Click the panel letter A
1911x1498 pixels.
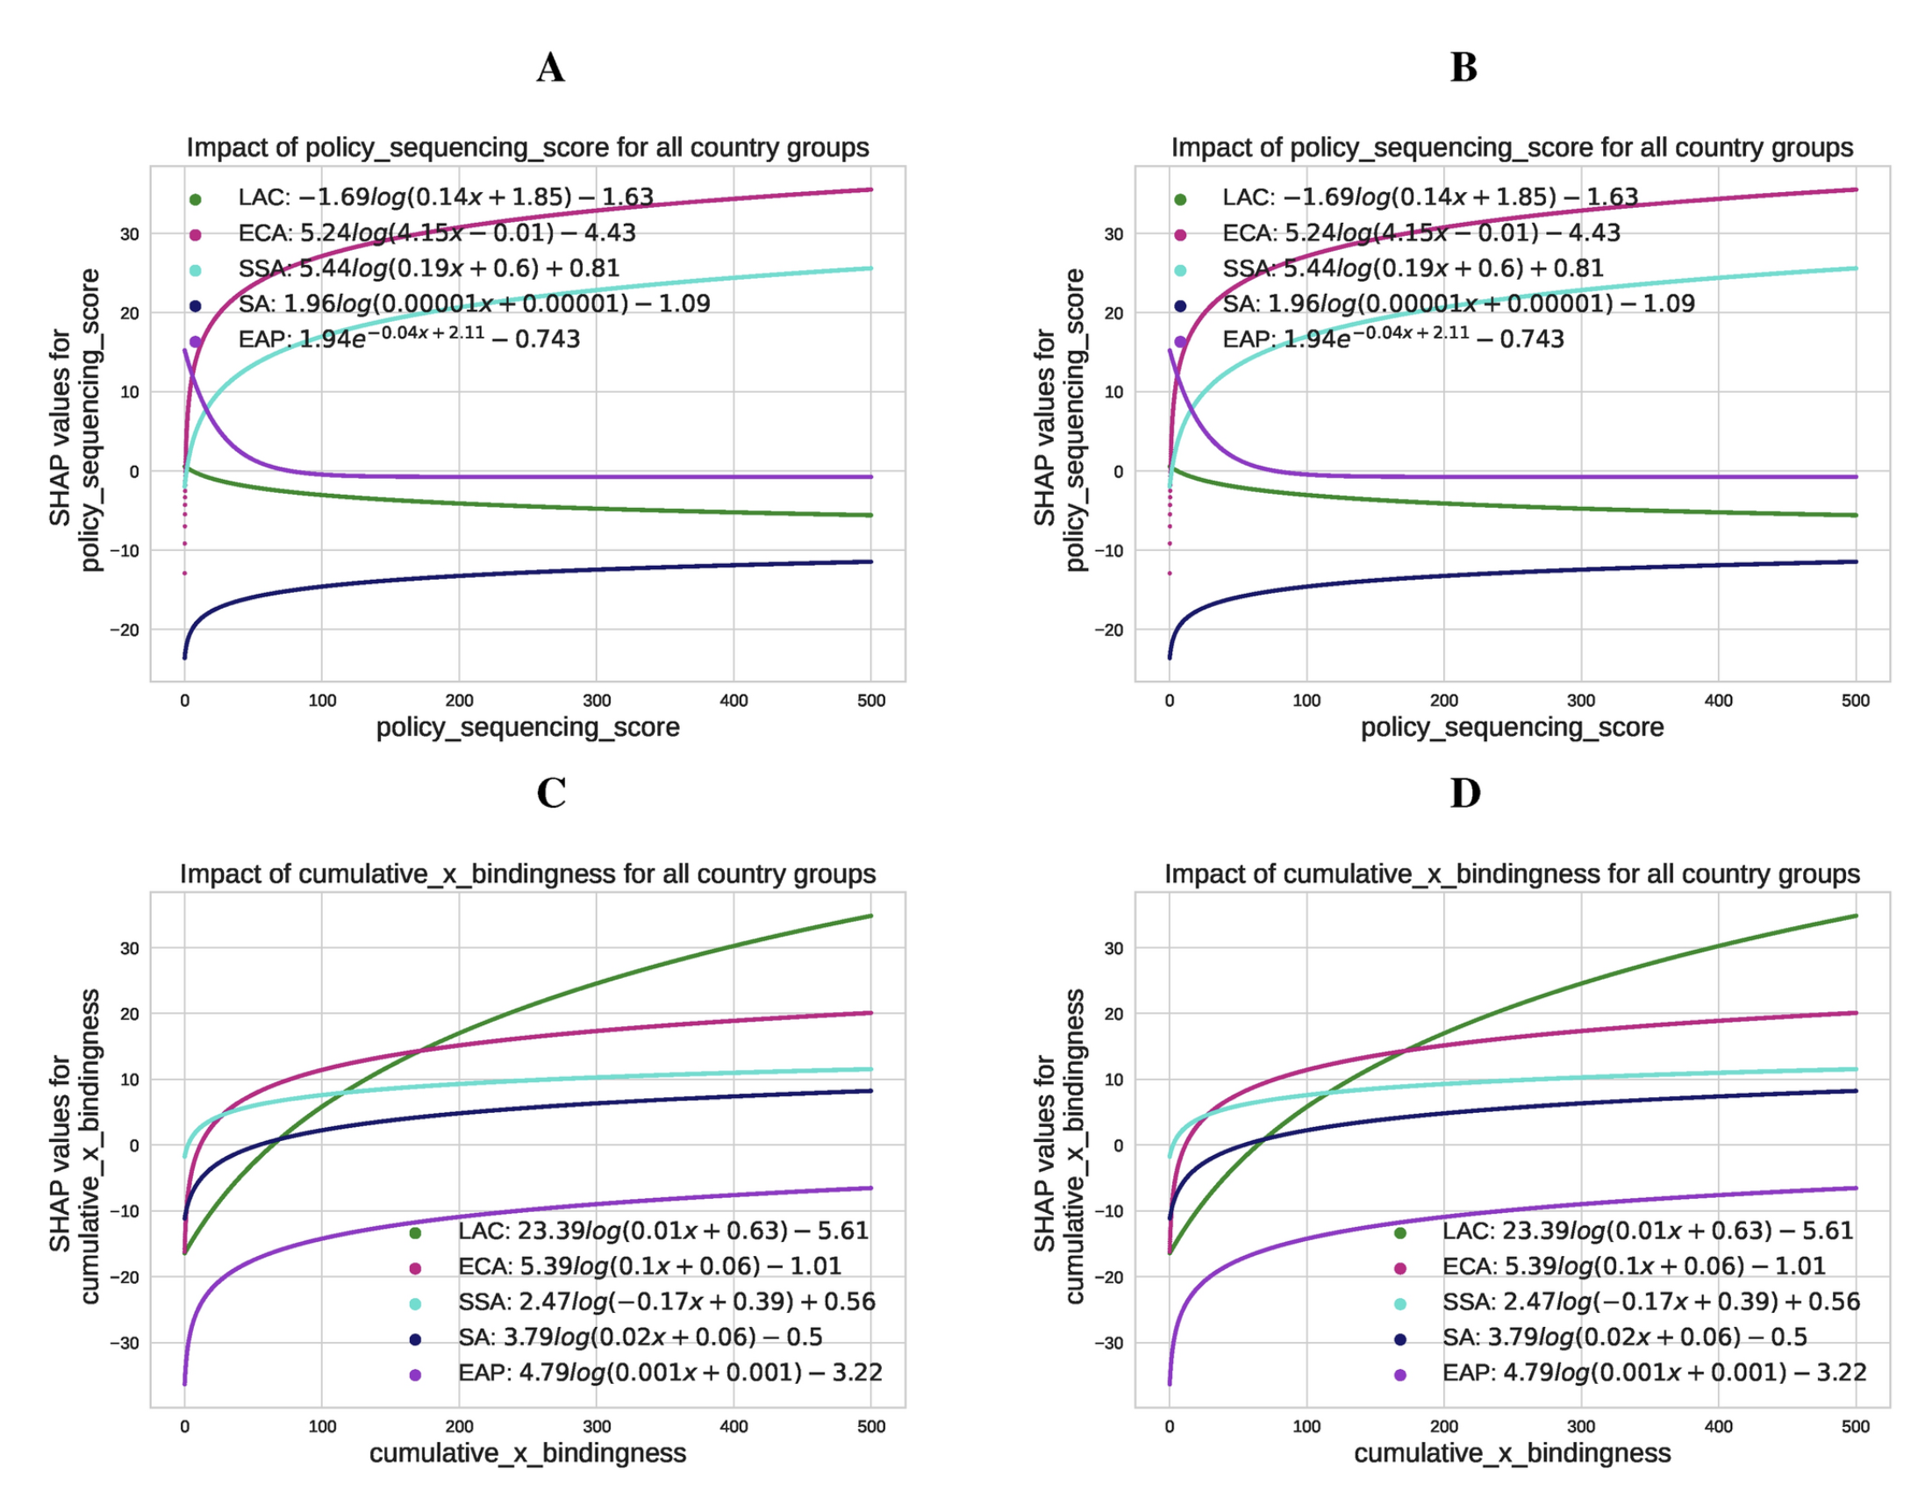pyautogui.click(x=550, y=68)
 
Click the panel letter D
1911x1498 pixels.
pyautogui.click(x=1464, y=793)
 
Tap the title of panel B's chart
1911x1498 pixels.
pyautogui.click(x=1512, y=147)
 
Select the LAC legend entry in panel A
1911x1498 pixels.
pyautogui.click(x=446, y=197)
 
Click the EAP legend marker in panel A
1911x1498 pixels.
pyautogui.click(x=195, y=342)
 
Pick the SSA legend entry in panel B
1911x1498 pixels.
pyautogui.click(x=1413, y=268)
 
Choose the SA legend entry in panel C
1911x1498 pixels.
pyautogui.click(x=640, y=1337)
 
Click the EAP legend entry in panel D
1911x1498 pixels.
pyautogui.click(x=1654, y=1373)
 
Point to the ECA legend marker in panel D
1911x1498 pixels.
pyautogui.click(x=1399, y=1268)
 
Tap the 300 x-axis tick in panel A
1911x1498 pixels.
pyautogui.click(x=597, y=701)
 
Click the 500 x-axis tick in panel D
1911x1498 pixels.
pyautogui.click(x=1855, y=1427)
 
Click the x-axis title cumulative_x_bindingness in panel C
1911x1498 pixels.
pyautogui.click(x=527, y=1453)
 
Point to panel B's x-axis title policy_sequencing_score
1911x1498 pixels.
pyautogui.click(x=1512, y=727)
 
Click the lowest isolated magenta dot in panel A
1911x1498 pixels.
pyautogui.click(x=185, y=574)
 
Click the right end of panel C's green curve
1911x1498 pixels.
pyautogui.click(x=870, y=917)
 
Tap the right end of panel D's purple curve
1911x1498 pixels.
pyautogui.click(x=1855, y=1188)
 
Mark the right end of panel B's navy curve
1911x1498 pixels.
pyautogui.click(x=1855, y=562)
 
